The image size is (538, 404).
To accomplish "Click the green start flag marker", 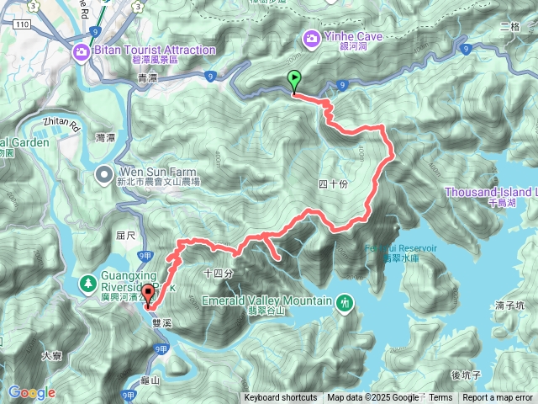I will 294,81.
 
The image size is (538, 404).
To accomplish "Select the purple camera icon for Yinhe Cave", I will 312,38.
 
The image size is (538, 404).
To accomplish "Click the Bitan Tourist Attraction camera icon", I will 82,52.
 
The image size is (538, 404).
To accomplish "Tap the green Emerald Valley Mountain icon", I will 345,301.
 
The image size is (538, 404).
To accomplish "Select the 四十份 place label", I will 334,184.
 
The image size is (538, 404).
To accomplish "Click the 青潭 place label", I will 147,77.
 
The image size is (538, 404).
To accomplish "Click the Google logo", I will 31,393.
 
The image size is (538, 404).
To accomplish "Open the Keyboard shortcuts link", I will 281,398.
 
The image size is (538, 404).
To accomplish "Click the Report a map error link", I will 498,398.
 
